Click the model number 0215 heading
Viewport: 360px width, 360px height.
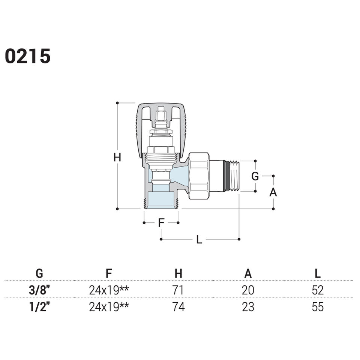(28, 56)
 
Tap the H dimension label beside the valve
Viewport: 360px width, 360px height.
(117, 158)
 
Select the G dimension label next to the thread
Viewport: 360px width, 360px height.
(255, 176)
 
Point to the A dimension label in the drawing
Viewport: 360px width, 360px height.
(273, 192)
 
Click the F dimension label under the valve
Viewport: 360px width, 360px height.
(161, 223)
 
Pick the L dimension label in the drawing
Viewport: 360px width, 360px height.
(199, 240)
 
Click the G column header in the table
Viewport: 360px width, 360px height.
(39, 274)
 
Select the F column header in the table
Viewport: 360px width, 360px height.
(109, 274)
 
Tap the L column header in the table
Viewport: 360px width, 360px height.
(318, 274)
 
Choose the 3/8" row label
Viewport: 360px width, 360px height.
(39, 290)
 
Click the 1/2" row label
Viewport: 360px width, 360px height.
(39, 307)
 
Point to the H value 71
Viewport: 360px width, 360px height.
(178, 290)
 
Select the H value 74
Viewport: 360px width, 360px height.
(178, 307)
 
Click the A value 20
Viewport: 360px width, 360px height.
(248, 290)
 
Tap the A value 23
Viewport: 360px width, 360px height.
(248, 307)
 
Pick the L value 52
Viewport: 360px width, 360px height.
(318, 290)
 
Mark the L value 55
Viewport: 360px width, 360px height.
(318, 307)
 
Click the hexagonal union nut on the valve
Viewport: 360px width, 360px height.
(199, 175)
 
